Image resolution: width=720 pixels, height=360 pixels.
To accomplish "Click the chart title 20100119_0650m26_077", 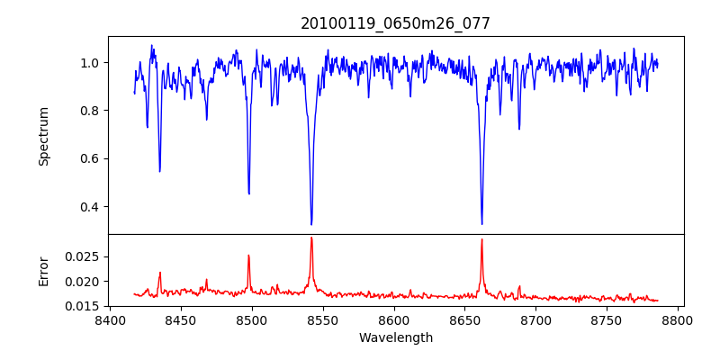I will click(x=395, y=23).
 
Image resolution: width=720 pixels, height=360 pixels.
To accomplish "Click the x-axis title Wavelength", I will click(x=395, y=338).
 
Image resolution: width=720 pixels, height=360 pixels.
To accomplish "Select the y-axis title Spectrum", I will click(x=44, y=136).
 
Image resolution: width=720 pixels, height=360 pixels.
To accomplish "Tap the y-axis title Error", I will click(x=44, y=270).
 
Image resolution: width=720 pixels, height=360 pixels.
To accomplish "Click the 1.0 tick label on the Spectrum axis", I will click(x=90, y=63).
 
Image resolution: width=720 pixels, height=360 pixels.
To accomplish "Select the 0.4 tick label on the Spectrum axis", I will click(x=90, y=207).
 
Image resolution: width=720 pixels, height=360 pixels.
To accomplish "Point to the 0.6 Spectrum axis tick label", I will click(x=90, y=159).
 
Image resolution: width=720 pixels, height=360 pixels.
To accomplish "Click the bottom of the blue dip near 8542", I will click(x=311, y=224).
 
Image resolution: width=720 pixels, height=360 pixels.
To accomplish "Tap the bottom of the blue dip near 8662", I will click(x=481, y=224).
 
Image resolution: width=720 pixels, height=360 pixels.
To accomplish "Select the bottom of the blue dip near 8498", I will click(x=249, y=193).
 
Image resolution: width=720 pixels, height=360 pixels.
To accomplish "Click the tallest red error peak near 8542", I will click(x=311, y=238).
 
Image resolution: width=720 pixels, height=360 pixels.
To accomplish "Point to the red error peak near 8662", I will click(x=481, y=239).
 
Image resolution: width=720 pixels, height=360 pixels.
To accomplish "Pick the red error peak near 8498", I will click(x=249, y=256).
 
